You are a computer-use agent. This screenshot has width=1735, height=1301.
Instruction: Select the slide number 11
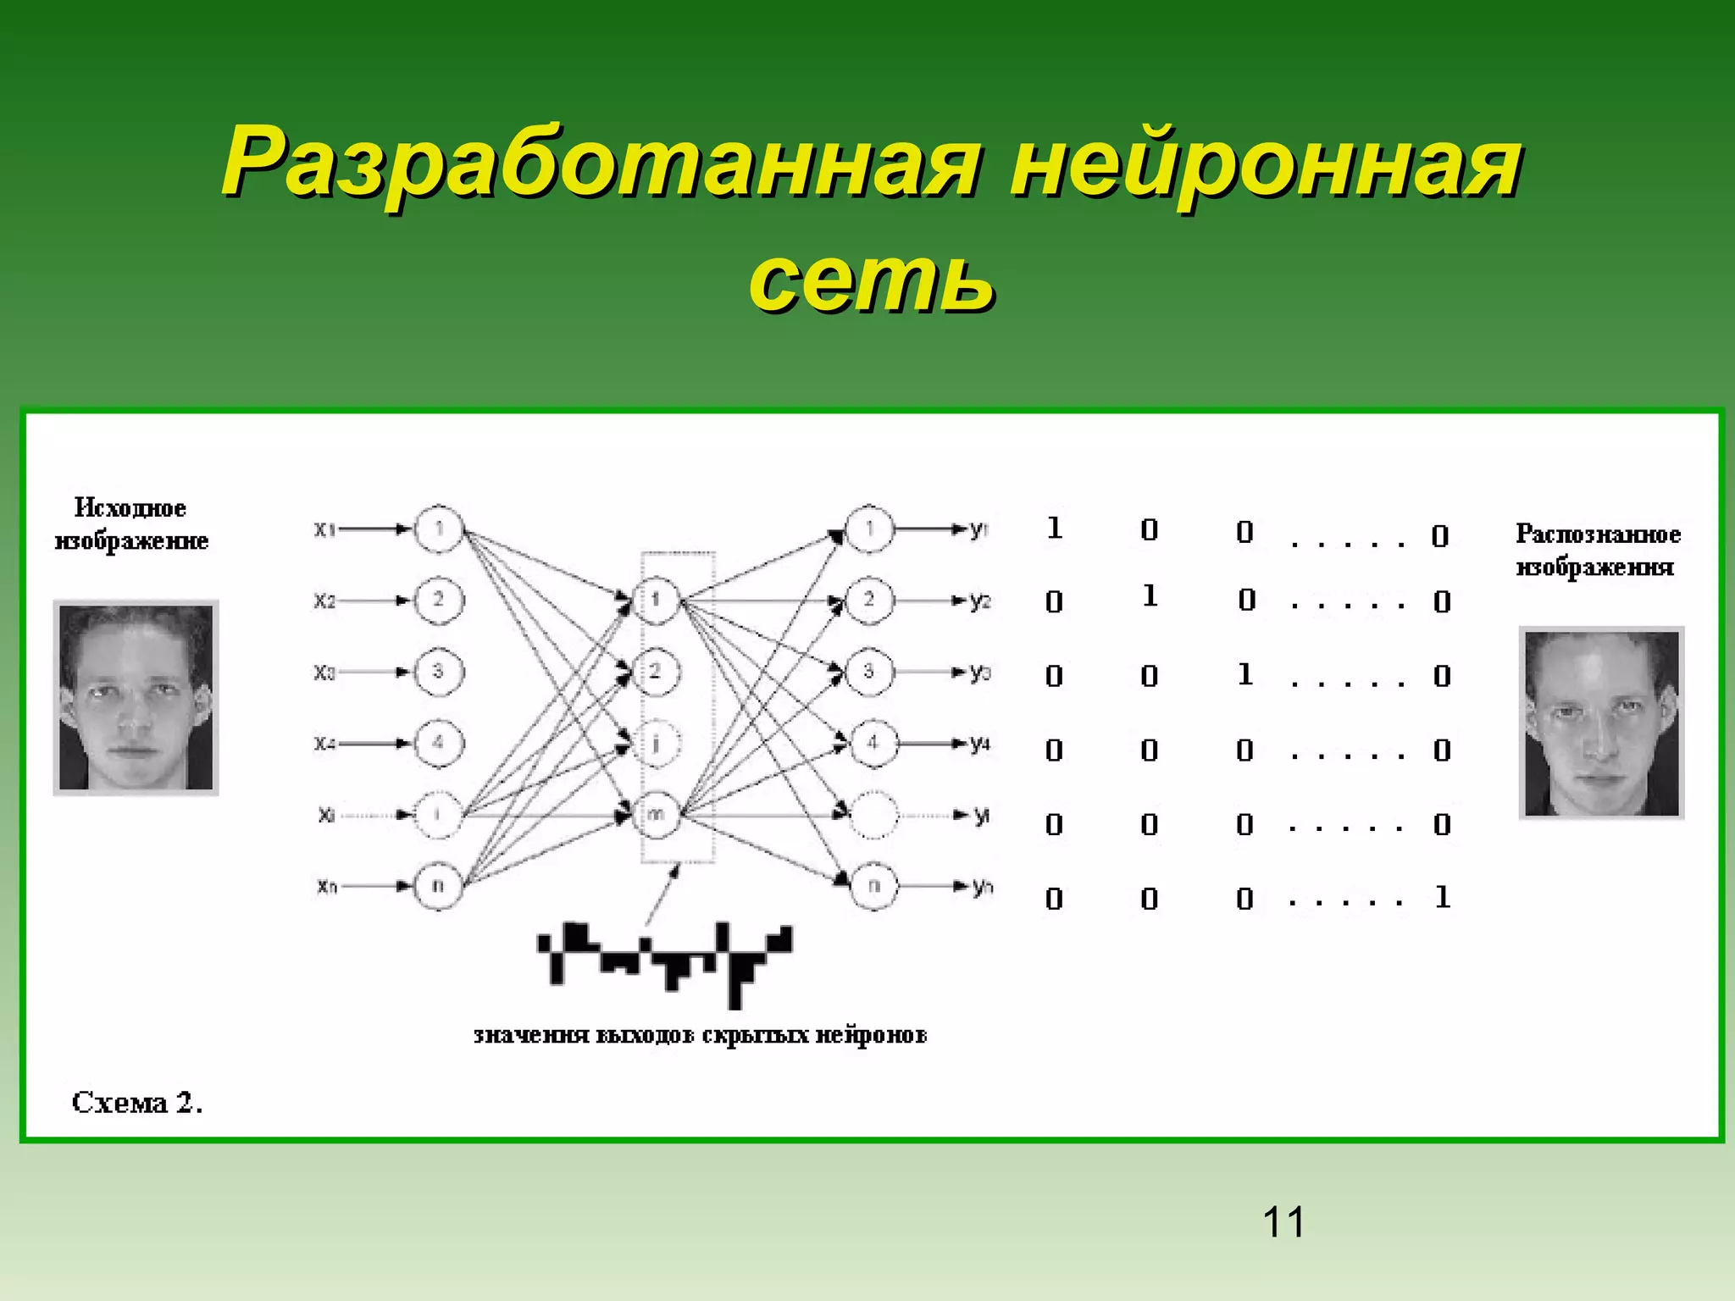[x=1283, y=1222]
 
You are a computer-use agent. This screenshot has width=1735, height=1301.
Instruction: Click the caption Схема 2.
[x=137, y=1102]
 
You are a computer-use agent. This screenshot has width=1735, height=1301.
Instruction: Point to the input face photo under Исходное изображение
[x=136, y=698]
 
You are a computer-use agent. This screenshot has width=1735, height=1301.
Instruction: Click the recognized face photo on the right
[x=1601, y=723]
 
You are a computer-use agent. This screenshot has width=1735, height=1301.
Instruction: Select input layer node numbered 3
[x=438, y=672]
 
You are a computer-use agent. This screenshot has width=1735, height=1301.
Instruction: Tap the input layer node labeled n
[x=438, y=886]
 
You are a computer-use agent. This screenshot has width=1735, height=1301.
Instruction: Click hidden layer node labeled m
[x=657, y=815]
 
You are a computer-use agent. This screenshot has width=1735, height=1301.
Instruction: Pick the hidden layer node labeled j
[x=657, y=744]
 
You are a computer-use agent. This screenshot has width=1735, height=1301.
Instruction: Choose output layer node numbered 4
[x=872, y=744]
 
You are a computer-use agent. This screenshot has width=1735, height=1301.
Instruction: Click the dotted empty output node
[x=872, y=815]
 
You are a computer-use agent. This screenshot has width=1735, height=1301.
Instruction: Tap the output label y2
[x=980, y=601]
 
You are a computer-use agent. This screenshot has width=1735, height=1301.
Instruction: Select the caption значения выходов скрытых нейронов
[x=700, y=1035]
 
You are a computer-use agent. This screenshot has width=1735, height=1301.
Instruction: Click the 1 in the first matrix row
[x=1054, y=529]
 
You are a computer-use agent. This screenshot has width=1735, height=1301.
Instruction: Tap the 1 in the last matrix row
[x=1442, y=897]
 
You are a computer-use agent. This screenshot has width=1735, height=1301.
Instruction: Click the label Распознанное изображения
[x=1598, y=551]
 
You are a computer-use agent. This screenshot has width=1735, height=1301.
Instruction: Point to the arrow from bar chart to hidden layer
[x=662, y=895]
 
